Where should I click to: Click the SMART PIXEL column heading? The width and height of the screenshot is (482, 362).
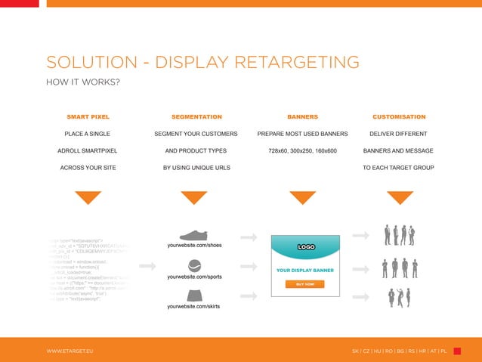[88, 117]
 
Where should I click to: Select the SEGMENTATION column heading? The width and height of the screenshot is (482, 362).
[196, 117]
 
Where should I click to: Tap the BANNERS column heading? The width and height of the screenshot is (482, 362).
[302, 117]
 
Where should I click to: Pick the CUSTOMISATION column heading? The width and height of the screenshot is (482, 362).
[399, 117]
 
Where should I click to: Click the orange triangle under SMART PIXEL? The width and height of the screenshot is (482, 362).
[88, 197]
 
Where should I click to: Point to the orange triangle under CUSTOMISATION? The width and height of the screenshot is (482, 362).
[400, 197]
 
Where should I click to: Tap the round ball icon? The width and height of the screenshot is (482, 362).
[195, 265]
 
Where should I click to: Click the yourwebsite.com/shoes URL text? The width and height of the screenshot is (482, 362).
[196, 246]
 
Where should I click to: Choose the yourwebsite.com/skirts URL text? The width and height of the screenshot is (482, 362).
[196, 307]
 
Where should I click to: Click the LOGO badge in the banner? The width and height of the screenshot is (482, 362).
[306, 247]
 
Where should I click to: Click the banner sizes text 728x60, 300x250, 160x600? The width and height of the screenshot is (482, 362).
[302, 150]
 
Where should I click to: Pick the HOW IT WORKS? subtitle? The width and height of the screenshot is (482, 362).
[84, 82]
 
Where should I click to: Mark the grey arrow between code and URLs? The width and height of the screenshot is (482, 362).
[148, 266]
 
